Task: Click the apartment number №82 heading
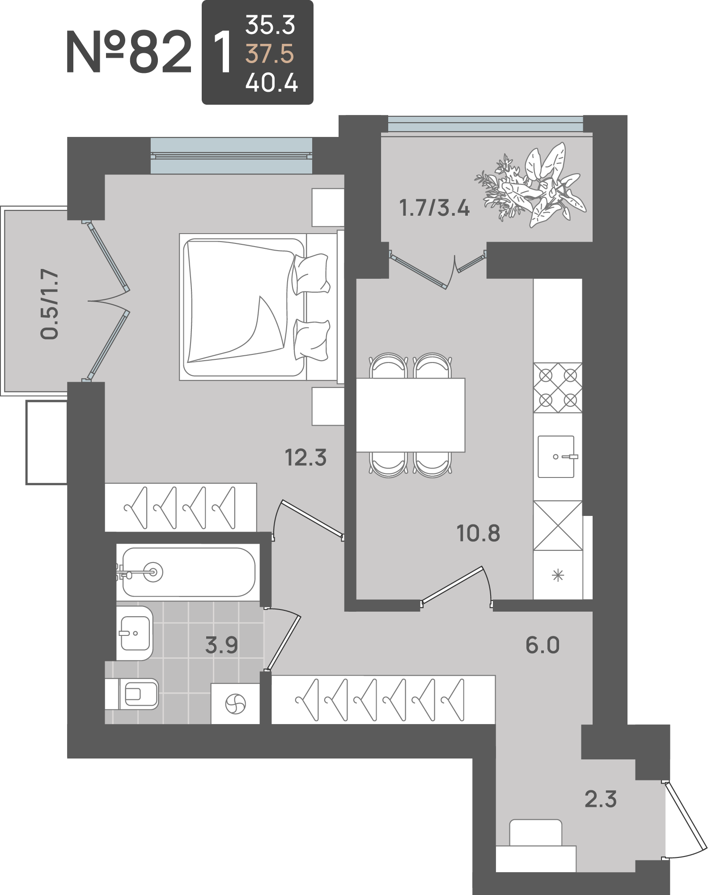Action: [129, 52]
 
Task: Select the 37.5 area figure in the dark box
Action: [270, 54]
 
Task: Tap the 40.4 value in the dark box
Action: [271, 83]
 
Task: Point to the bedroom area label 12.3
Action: [306, 458]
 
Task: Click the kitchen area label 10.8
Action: [478, 533]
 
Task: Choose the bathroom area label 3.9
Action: [221, 645]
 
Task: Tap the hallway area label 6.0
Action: [543, 645]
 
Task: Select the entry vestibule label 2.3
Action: [601, 799]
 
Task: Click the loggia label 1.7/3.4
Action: [434, 208]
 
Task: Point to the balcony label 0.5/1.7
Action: [49, 304]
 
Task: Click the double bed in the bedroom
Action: [262, 307]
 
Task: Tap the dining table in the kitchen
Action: [411, 415]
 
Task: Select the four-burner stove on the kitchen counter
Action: [558, 388]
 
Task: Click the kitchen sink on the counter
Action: [556, 456]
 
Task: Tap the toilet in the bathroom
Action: [132, 694]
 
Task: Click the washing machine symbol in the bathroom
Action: [235, 704]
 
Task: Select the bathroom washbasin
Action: [134, 633]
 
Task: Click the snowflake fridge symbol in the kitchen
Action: [558, 575]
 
